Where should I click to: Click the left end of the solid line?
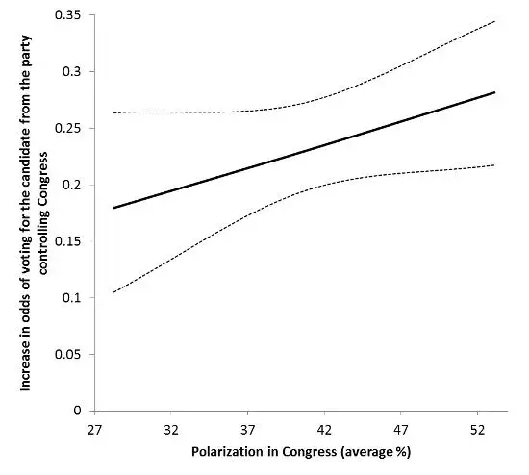[113, 208]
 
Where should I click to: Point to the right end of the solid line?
[494, 92]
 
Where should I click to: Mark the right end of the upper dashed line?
[494, 21]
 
